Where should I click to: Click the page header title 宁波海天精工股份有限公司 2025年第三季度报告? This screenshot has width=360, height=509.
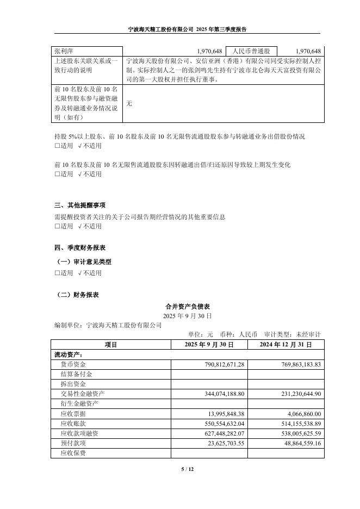[x=179, y=29]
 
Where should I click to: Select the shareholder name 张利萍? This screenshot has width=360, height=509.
[x=63, y=51]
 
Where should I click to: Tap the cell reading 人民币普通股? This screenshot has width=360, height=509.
[x=251, y=51]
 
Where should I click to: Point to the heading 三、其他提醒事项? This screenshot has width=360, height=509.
[x=80, y=206]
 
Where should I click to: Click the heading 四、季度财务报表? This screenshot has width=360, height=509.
[x=80, y=247]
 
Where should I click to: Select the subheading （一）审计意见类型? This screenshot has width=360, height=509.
[x=84, y=262]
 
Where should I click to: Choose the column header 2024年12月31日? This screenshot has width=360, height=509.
[x=285, y=345]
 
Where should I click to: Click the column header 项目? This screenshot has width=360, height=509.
[x=110, y=345]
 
